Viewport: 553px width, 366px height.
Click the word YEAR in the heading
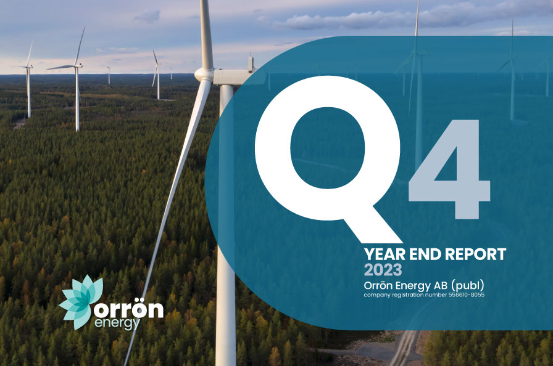pyautogui.click(x=383, y=253)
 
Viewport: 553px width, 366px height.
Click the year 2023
pyautogui.click(x=383, y=269)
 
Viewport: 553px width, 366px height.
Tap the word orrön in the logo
pyautogui.click(x=128, y=309)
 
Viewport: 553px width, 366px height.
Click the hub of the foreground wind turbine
pyautogui.click(x=204, y=75)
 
